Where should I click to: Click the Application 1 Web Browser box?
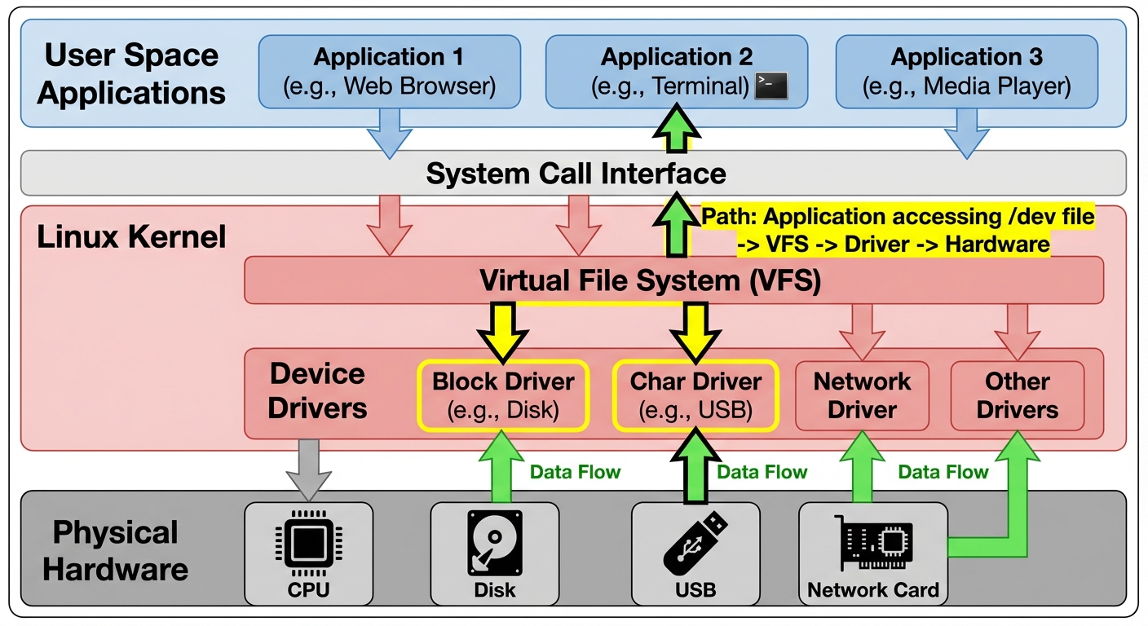pos(389,72)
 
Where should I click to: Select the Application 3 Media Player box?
pos(966,72)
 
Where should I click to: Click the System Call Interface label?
pos(576,174)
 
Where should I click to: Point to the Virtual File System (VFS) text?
pos(649,280)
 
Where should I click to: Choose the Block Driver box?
pos(503,395)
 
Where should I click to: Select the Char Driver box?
pos(695,395)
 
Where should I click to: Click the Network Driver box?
pos(862,395)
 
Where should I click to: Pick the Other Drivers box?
pos(1017,395)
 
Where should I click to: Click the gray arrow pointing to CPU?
pos(309,468)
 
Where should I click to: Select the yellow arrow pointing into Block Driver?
pos(503,331)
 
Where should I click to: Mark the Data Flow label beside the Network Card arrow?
pos(943,472)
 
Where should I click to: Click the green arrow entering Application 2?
pos(676,130)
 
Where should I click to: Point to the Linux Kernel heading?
pos(131,237)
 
